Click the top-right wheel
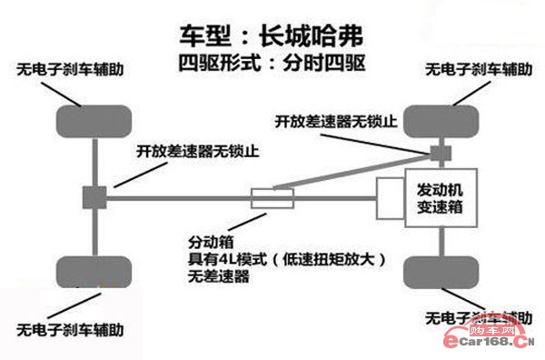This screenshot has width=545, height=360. click(442, 121)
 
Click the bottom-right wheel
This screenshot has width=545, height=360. click(442, 272)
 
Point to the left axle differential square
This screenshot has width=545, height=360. click(94, 196)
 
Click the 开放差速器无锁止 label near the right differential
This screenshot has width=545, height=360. click(336, 121)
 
